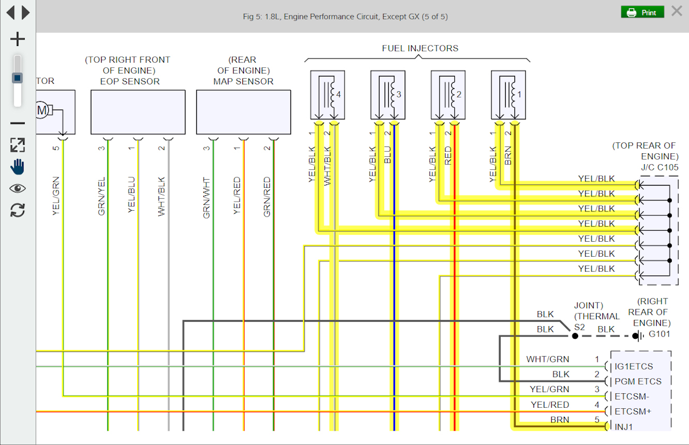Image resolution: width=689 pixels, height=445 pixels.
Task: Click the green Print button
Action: point(642,12)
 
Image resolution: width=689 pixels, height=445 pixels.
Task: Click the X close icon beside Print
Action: point(676,11)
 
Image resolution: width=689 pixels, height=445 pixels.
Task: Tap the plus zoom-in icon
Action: point(18,39)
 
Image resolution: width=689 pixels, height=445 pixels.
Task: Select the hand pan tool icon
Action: point(18,167)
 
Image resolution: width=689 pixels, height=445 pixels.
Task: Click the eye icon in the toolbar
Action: point(18,188)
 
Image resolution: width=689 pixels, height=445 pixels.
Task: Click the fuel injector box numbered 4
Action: point(327,95)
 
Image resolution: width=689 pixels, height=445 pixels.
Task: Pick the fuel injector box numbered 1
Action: point(508,95)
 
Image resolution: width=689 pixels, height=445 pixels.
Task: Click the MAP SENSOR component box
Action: point(243,111)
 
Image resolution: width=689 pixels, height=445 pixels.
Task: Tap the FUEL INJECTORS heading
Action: point(420,48)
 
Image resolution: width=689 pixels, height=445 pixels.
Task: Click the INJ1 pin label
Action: point(625,426)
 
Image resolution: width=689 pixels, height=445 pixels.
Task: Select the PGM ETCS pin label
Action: point(638,381)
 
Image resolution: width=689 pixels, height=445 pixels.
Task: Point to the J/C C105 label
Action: point(659,168)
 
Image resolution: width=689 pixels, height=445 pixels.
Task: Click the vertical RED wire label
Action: point(448,156)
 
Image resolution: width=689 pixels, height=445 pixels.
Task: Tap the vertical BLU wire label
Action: point(388,156)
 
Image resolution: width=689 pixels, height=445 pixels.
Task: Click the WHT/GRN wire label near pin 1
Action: point(548,359)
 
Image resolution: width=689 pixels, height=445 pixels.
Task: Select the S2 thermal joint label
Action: point(579,327)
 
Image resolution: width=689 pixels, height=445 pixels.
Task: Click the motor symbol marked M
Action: point(42,110)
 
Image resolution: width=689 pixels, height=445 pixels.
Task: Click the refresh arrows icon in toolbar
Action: point(18,210)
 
